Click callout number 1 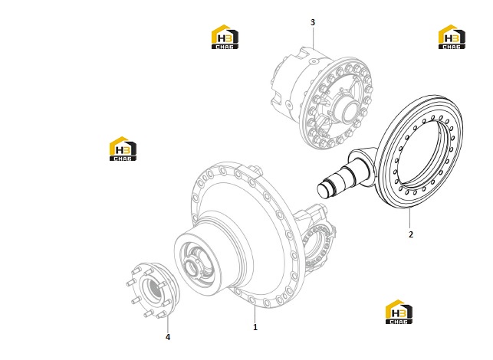tap(255, 327)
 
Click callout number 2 tap(411, 234)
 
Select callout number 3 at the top tap(313, 22)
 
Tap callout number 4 tap(168, 337)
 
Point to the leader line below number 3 tap(313, 38)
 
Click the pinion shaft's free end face tap(324, 191)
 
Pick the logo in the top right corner tap(452, 37)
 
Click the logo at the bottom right tap(399, 312)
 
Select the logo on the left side tap(123, 149)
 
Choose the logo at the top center tap(225, 37)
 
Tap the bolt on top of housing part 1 tap(256, 170)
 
